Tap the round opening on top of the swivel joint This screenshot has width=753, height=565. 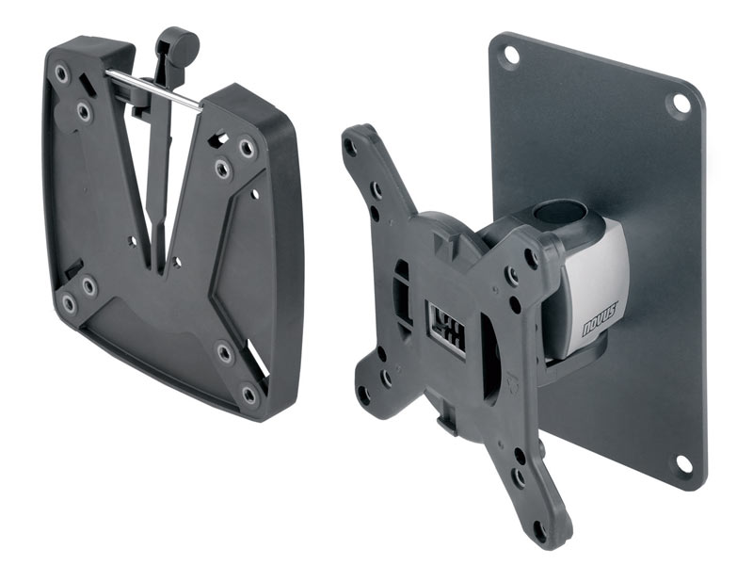[x=563, y=213]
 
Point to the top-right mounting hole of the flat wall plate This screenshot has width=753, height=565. [x=678, y=103]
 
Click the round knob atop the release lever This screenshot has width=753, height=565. [x=177, y=41]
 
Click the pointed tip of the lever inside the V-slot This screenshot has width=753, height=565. [x=162, y=252]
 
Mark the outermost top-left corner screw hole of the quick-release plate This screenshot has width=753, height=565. [x=62, y=72]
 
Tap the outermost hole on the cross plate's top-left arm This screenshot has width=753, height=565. [x=351, y=147]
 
